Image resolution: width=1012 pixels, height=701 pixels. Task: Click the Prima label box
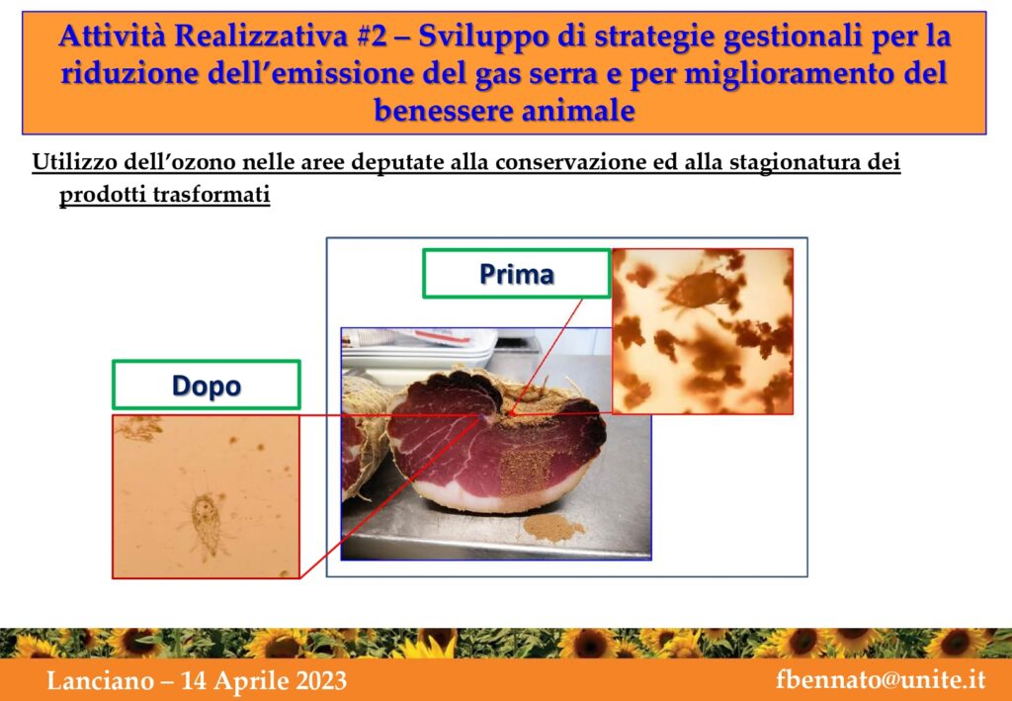coord(516,274)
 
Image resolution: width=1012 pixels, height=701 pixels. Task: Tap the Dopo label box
coord(206,385)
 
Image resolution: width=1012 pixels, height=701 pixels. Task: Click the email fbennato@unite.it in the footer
coord(881,680)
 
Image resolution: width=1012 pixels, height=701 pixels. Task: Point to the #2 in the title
coord(371,37)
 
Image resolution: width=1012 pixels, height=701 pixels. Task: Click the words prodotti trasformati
coord(165,196)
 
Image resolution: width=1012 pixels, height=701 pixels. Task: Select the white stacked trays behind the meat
coord(419,352)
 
